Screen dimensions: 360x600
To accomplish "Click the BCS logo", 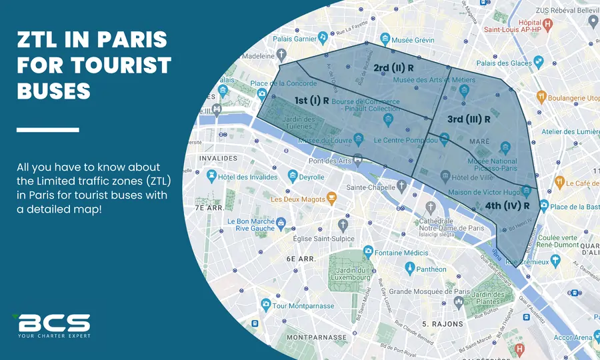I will (51, 325).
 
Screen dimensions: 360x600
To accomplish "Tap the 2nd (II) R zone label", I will (393, 68).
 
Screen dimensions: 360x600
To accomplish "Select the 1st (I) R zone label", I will (312, 101).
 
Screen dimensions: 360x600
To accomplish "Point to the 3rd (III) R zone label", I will (469, 119).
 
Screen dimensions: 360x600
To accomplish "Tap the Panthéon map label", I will (431, 269).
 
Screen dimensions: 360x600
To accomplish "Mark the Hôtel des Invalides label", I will (247, 177).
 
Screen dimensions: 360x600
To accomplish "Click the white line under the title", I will (47, 129).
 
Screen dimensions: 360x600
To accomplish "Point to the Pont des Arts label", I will (330, 161).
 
